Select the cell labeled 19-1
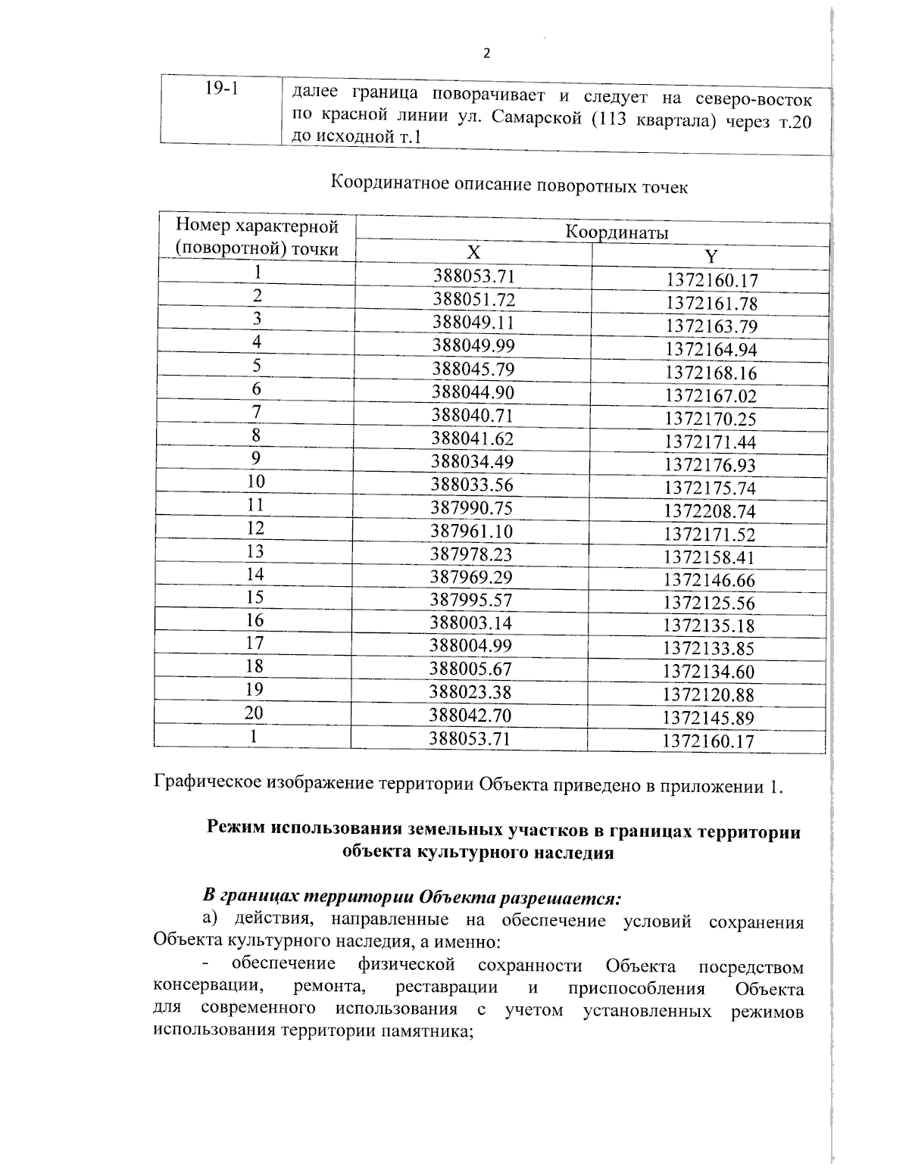(x=221, y=89)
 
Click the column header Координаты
(x=617, y=232)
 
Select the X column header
(x=473, y=253)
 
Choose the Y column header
(x=711, y=257)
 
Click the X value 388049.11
(x=473, y=323)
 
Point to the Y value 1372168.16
(x=711, y=373)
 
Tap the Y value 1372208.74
(x=710, y=512)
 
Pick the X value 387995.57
(x=470, y=600)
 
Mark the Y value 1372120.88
(x=708, y=695)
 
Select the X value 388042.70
(x=470, y=716)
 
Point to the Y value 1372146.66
(x=709, y=581)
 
